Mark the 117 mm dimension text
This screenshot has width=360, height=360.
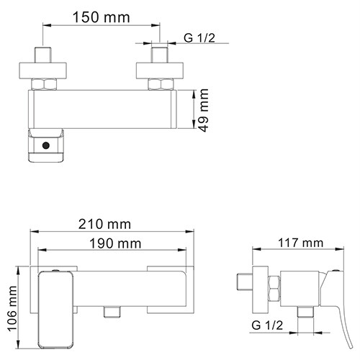302,243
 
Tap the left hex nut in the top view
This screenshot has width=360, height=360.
45,84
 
